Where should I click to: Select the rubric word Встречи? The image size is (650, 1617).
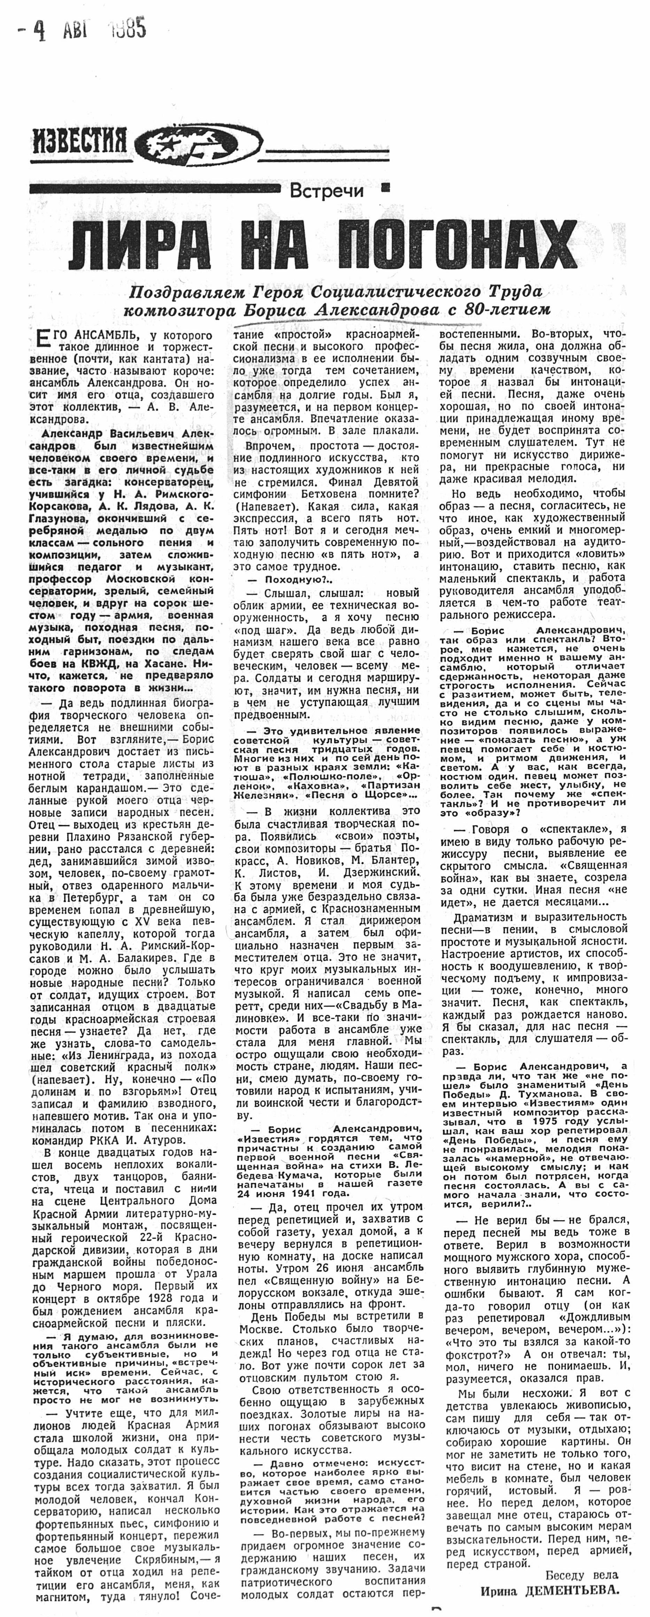(x=327, y=191)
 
